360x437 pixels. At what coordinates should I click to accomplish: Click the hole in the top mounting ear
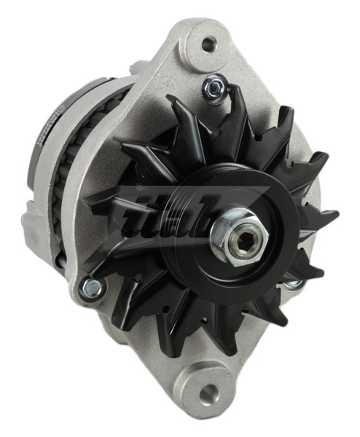pyautogui.click(x=210, y=44)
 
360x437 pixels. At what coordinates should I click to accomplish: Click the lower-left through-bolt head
pyautogui.click(x=90, y=288)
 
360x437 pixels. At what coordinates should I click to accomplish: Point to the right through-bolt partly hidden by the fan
pyautogui.click(x=294, y=280)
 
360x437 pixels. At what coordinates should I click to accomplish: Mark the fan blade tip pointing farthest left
pyautogui.click(x=86, y=200)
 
